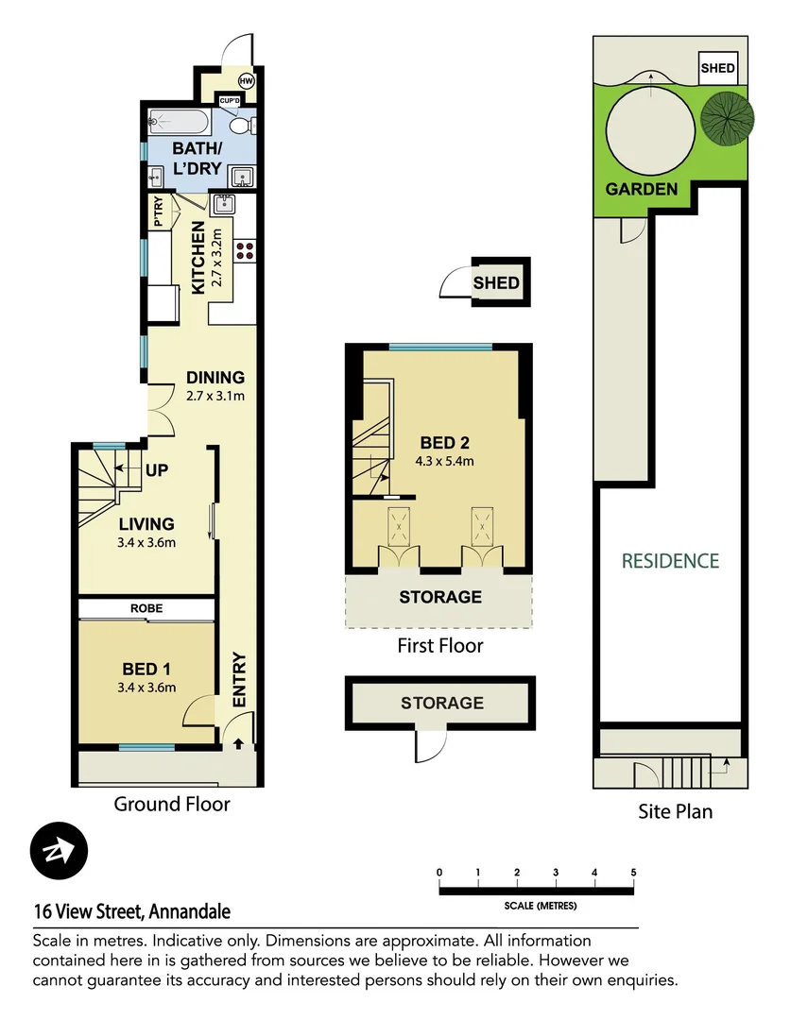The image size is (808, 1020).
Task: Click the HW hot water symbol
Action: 246,81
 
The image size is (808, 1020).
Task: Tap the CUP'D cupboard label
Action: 230,101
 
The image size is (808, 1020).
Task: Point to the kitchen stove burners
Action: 246,250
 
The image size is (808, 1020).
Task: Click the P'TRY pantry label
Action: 158,212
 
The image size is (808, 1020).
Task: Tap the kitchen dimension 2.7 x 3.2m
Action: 217,257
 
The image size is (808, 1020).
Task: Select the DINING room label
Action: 215,377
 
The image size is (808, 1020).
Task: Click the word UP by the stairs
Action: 157,470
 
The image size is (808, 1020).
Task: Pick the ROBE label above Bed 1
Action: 146,608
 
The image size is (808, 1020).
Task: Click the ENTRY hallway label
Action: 239,680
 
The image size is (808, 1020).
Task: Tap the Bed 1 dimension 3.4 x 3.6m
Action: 146,688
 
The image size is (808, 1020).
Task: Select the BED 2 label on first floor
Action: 445,443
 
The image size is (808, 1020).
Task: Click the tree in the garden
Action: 728,118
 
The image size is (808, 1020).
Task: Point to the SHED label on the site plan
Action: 717,68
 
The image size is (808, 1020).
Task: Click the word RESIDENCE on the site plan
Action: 671,561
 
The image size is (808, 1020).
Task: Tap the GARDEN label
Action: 642,189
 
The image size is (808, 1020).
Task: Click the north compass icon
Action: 59,851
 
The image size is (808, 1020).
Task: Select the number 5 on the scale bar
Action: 633,873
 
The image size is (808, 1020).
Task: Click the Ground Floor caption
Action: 172,804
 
